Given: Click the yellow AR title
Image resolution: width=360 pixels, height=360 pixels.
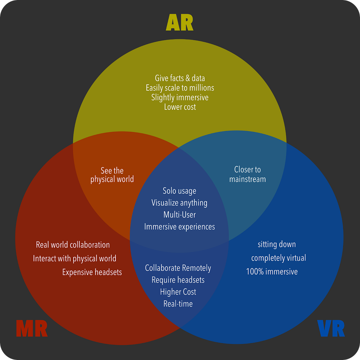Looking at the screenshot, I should click(180, 23).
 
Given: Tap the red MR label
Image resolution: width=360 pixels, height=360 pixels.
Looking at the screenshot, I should click(31, 329).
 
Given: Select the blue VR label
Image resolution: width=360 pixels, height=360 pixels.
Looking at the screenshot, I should click(331, 329).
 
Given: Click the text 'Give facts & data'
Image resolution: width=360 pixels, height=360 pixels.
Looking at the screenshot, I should click(180, 78).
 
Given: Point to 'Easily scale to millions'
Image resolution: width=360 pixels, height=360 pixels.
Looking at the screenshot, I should click(180, 88).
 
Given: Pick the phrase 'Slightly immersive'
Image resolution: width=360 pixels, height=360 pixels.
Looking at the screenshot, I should click(180, 97).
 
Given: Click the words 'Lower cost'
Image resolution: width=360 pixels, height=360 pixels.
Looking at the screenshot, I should click(180, 107).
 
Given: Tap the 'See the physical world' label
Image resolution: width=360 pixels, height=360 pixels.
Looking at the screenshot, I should click(112, 175).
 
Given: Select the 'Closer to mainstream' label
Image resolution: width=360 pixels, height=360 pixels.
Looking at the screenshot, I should click(247, 174).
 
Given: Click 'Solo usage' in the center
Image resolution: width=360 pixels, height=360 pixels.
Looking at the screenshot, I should click(179, 191).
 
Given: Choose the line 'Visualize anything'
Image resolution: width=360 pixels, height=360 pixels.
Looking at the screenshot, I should click(179, 203).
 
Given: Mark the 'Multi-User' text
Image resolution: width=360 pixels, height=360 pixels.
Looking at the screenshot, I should click(179, 215).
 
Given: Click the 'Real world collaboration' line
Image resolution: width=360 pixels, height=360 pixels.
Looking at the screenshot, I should click(73, 245).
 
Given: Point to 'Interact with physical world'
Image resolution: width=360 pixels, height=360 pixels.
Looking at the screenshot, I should click(74, 259).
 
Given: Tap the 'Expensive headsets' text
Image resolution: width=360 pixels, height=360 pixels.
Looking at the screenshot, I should click(92, 272).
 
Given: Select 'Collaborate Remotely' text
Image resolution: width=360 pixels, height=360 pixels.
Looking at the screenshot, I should click(178, 268).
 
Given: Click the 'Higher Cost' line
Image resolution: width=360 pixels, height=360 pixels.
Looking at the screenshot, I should click(178, 292).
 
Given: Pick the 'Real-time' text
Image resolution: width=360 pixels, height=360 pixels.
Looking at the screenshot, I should click(178, 304).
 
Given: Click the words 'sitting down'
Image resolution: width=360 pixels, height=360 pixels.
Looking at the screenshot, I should click(277, 244).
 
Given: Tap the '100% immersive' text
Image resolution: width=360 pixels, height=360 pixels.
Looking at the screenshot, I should click(272, 272).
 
